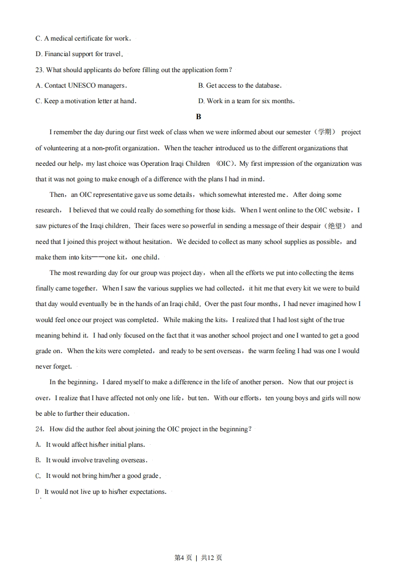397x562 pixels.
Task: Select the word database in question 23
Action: pos(266,86)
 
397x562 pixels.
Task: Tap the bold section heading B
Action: pos(198,117)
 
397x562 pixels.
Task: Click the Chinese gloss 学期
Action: pos(325,132)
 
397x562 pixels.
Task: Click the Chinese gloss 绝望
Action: pos(335,226)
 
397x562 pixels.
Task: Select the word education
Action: pos(115,414)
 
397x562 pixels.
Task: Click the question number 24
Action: pos(40,429)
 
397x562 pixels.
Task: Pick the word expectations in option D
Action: pos(148,492)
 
